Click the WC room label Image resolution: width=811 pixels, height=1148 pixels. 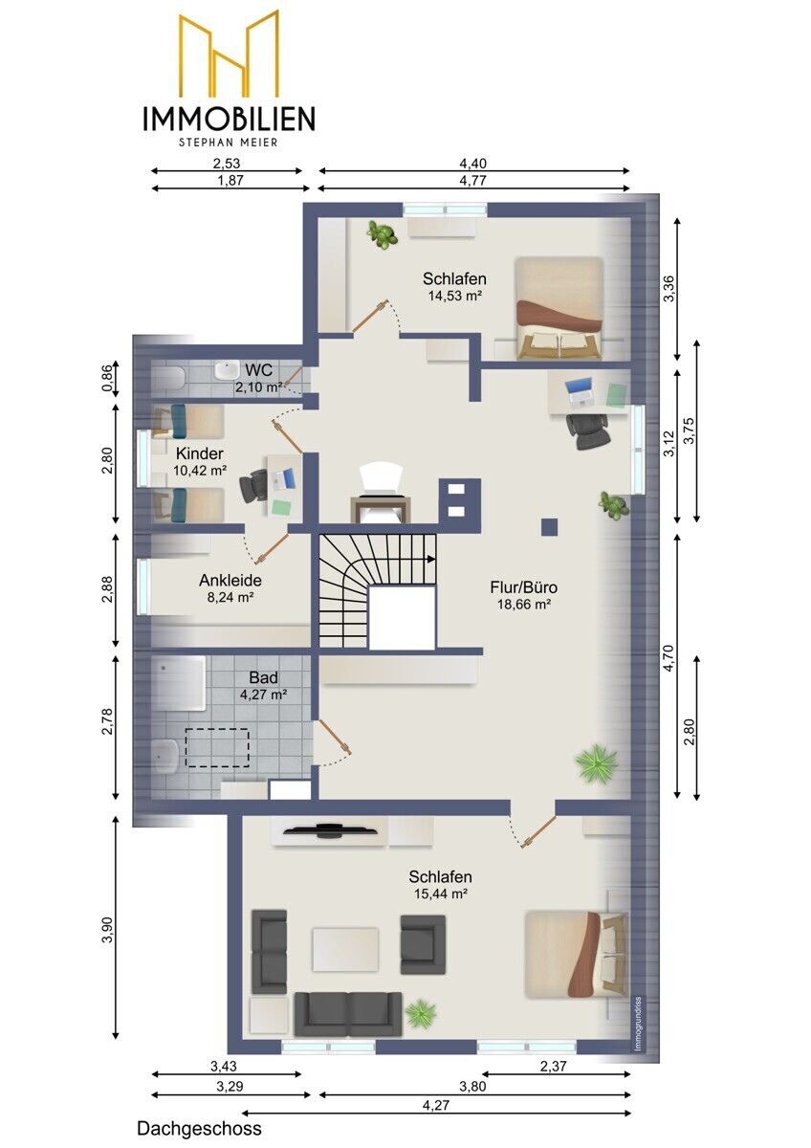pos(259,369)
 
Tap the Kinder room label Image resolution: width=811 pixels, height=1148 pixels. pos(199,453)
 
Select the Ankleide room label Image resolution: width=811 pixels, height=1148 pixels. pos(230,580)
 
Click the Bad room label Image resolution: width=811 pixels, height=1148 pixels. pos(263,677)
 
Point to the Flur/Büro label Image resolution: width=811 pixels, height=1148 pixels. pos(523,587)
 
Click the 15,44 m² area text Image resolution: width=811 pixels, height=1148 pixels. pos(441,894)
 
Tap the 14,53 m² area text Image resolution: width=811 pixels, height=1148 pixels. pos(455,296)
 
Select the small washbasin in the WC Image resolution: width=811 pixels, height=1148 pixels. pos(227,371)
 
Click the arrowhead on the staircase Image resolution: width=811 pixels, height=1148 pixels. pos(431,559)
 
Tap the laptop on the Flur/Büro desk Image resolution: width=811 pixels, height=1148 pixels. pos(579,393)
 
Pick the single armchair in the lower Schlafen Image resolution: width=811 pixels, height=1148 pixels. pos(423,944)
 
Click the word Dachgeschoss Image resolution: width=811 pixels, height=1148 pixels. pos(199,1129)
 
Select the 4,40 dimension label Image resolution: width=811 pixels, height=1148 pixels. pos(472,164)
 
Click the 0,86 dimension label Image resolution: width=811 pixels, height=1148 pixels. pos(108,378)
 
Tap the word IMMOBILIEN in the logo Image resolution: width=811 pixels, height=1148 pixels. pos(229,119)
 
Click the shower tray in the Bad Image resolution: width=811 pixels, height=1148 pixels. pos(179,684)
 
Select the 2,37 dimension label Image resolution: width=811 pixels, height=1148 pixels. pos(554,1067)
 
